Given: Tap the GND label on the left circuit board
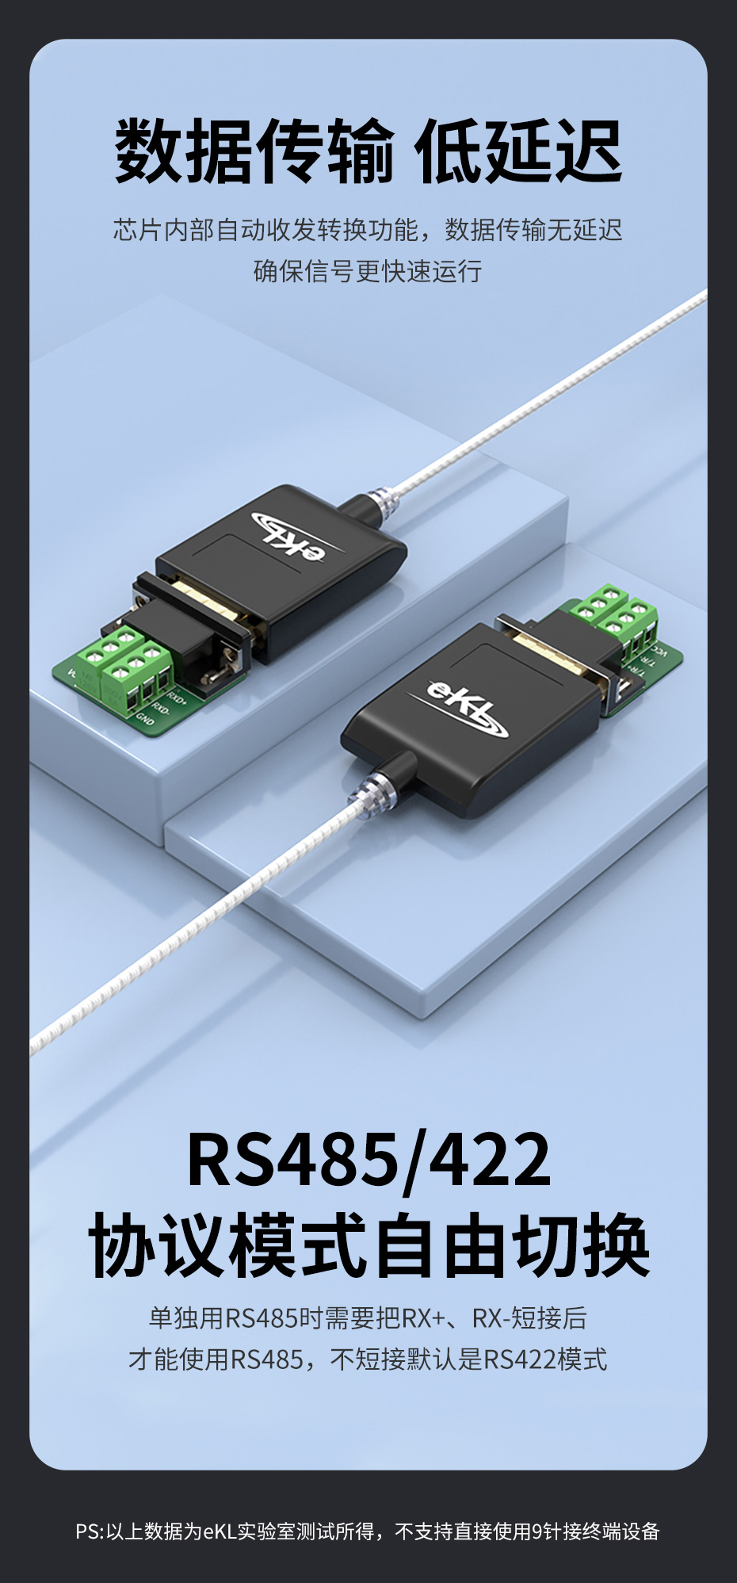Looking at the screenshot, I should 145,718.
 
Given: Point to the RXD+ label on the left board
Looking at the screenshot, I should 177,698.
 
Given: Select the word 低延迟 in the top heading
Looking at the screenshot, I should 518,151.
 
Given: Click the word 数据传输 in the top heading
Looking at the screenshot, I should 254,151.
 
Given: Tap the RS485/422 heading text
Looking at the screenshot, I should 368,1160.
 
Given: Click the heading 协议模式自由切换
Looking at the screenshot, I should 368,1245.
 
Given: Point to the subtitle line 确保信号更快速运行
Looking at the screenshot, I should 368,271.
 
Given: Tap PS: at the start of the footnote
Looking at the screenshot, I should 90,1531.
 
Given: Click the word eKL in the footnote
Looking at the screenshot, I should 220,1531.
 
